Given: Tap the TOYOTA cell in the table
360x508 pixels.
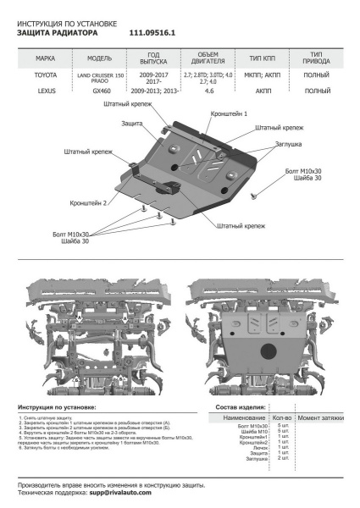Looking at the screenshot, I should point(46,76).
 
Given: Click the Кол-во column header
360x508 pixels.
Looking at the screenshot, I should point(282,418).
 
